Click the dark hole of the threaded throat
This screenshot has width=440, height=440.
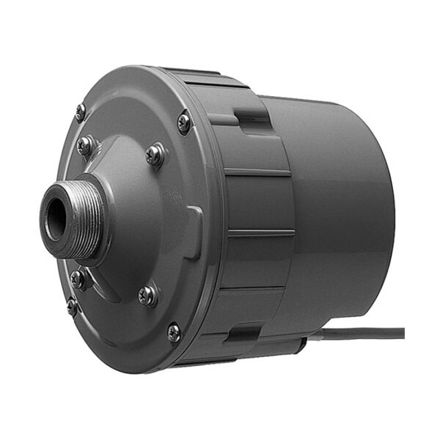[54, 217]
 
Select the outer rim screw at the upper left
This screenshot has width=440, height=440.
[81, 111]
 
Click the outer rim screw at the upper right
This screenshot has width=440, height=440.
[184, 122]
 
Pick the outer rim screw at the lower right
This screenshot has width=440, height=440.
[174, 331]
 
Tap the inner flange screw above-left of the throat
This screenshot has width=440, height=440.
[87, 144]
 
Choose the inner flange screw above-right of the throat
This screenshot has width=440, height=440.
[155, 154]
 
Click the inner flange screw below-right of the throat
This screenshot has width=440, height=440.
[147, 294]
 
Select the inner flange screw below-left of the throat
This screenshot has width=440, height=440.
[80, 278]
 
